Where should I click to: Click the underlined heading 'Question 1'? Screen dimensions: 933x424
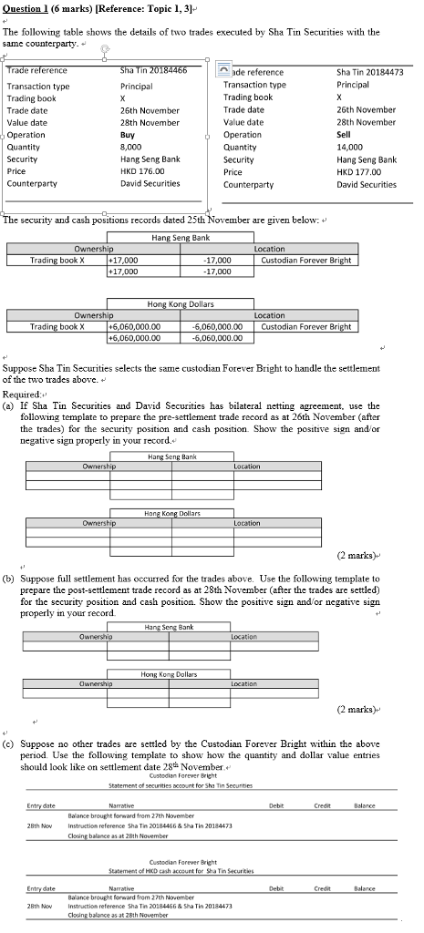[26, 7]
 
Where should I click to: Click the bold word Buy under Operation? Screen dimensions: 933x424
[128, 135]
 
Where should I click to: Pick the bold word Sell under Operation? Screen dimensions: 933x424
[344, 135]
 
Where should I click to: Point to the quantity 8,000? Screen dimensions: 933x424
[132, 147]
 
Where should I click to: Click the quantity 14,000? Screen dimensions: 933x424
[349, 147]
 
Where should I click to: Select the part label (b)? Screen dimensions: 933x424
[9, 579]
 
